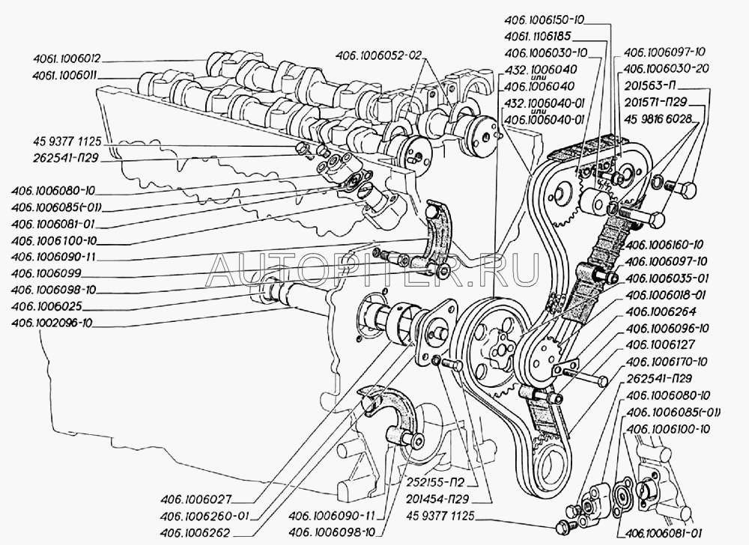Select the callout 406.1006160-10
662,245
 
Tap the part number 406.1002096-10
52,323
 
